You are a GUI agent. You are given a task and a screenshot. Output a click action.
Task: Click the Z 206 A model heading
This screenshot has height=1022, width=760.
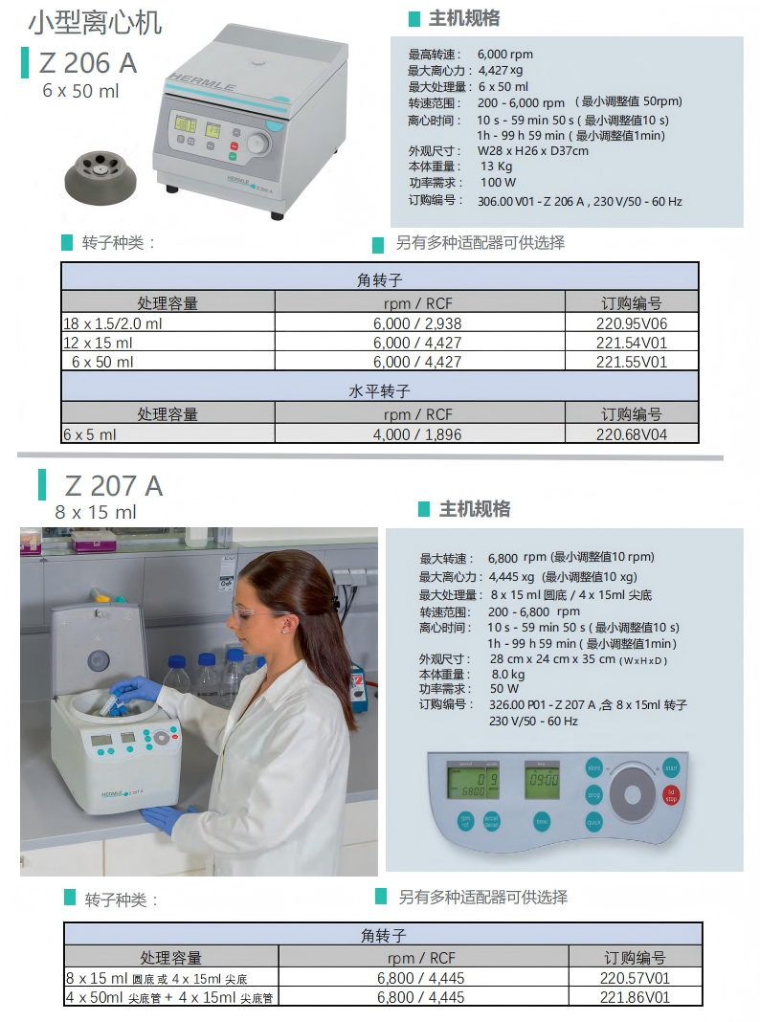coord(88,63)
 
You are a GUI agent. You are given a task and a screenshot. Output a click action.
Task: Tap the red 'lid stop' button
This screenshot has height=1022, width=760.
coord(670,793)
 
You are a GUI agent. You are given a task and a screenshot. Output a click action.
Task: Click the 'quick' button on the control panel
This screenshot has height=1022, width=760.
coord(593,822)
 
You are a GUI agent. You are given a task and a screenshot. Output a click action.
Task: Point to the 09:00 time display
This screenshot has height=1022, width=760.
coord(543,781)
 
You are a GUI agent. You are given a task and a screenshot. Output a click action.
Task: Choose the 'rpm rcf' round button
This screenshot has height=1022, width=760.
coord(466,820)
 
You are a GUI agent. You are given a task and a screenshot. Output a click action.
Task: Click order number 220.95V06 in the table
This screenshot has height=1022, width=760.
coord(631,323)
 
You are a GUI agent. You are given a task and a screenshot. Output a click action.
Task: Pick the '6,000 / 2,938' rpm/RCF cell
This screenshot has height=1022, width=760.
coord(417,323)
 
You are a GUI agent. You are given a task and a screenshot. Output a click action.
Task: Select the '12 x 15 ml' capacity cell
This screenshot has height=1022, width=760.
coord(100,343)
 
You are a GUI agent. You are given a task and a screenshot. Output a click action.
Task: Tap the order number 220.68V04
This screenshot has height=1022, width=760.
coord(631,434)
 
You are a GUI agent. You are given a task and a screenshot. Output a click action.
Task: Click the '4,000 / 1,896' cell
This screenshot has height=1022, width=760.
coord(417,434)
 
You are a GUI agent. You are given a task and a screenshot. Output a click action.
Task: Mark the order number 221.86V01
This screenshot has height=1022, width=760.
coord(635,997)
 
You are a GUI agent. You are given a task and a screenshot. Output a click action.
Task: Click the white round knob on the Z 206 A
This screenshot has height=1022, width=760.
coord(257,144)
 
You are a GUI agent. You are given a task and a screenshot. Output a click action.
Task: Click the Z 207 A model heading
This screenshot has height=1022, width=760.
coord(114,486)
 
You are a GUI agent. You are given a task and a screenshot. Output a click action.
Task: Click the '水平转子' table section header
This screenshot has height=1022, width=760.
coord(379,391)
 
